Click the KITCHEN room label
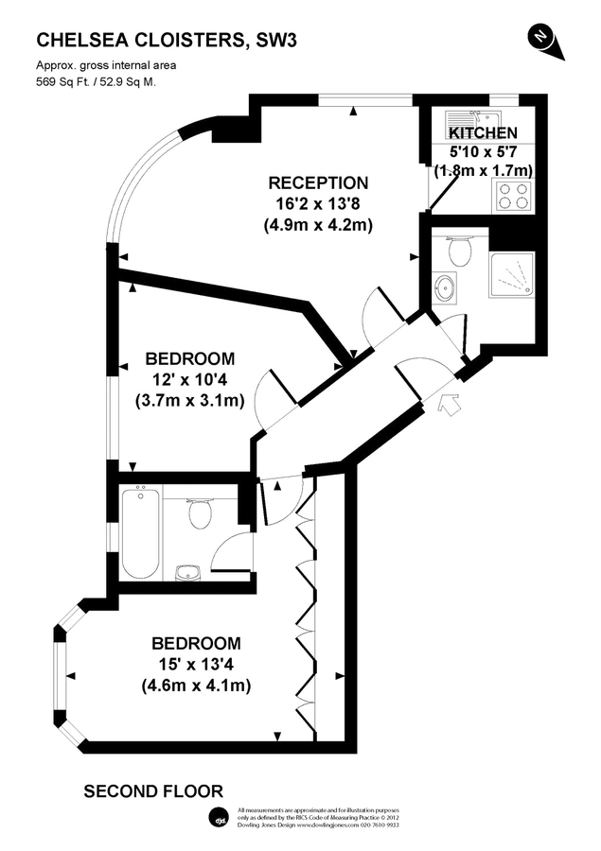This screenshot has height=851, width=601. coord(483,133)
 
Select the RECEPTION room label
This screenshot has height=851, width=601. coord(317,182)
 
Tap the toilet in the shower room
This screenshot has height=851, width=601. coord(459,252)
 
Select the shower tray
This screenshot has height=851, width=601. coord(511,275)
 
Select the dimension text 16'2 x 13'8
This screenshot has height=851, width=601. coord(317,204)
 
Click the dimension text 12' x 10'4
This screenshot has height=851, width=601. coord(189,380)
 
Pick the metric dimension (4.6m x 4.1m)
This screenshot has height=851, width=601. coord(196,686)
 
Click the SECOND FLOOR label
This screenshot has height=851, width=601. coord(153,790)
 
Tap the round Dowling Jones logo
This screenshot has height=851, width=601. coord(219,818)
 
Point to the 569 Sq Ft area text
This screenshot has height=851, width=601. coord(96,81)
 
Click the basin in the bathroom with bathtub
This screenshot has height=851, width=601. coord(186,570)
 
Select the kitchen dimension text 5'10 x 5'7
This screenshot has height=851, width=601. coord(483,151)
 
